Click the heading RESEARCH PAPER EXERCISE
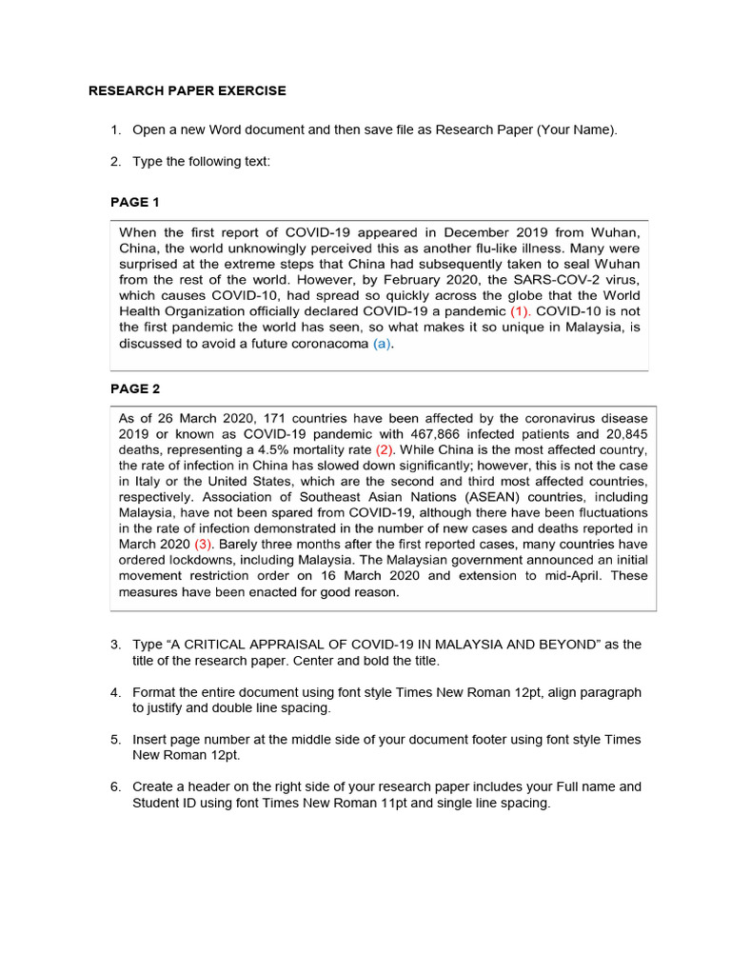pos(188,91)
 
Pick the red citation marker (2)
pos(385,449)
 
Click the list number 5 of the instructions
pos(114,740)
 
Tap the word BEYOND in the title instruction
pos(587,645)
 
